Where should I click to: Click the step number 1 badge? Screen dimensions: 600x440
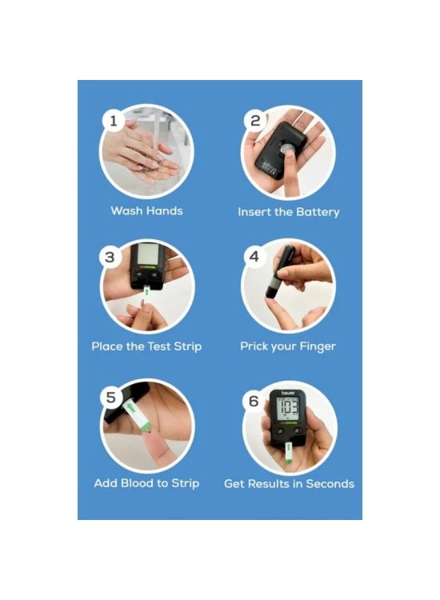(113, 121)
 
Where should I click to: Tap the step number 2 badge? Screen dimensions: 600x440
(255, 121)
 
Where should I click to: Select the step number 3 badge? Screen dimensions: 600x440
(111, 257)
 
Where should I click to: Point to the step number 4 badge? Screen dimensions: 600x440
(253, 257)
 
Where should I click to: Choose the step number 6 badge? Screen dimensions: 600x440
(253, 401)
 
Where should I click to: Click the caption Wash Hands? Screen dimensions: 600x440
(146, 211)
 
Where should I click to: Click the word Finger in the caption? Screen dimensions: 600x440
(318, 347)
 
